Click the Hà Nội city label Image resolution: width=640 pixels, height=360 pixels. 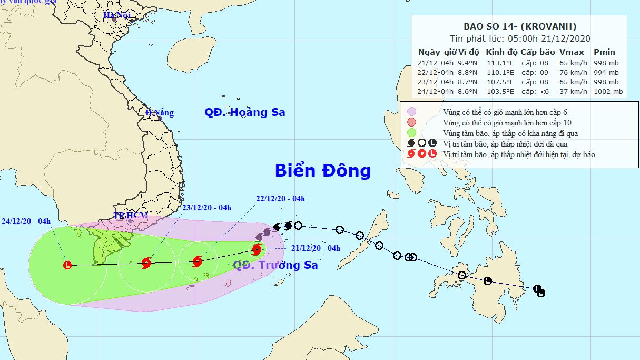coord(116,15)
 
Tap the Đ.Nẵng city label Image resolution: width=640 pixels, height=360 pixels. coord(160,113)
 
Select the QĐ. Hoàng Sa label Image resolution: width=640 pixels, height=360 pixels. coord(245,112)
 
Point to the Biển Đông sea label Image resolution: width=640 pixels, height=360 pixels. coord(323,171)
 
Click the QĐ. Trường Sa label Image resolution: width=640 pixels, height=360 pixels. coord(275,265)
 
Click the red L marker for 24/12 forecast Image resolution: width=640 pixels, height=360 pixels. coord(67,265)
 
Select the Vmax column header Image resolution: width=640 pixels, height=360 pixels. coord(572,52)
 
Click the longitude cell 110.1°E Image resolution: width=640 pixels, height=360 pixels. coord(500,73)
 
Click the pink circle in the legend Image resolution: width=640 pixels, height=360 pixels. coord(412,122)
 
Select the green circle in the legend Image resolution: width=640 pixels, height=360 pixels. coord(412,133)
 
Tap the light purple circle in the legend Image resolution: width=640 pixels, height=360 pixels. coord(412,112)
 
